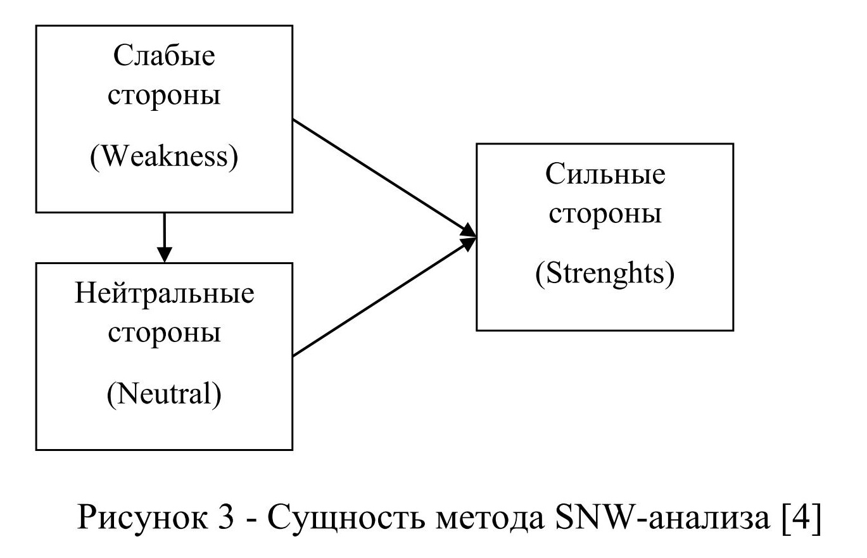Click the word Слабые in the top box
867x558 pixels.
(x=164, y=57)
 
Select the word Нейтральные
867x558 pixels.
(x=164, y=295)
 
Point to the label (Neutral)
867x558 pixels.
(x=164, y=395)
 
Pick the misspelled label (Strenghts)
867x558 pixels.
(x=605, y=276)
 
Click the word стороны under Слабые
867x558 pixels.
(x=164, y=96)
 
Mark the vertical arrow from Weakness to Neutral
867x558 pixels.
(x=164, y=233)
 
